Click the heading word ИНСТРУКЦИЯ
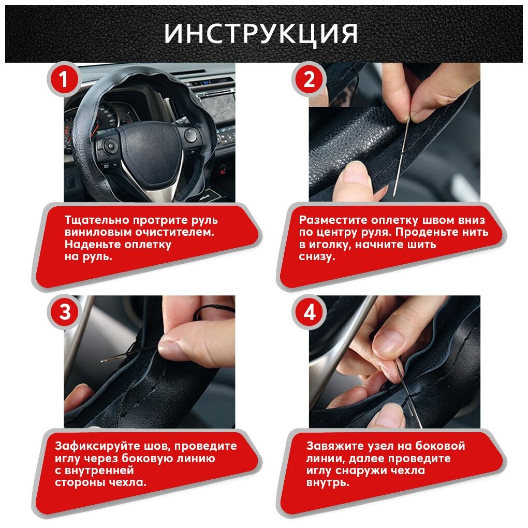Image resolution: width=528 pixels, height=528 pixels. [x=260, y=34]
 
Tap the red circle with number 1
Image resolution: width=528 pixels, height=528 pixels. [x=64, y=80]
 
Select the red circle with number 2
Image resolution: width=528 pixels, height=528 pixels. [x=309, y=80]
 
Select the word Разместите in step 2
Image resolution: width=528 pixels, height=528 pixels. [x=333, y=220]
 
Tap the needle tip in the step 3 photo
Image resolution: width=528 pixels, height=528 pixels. [x=101, y=362]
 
